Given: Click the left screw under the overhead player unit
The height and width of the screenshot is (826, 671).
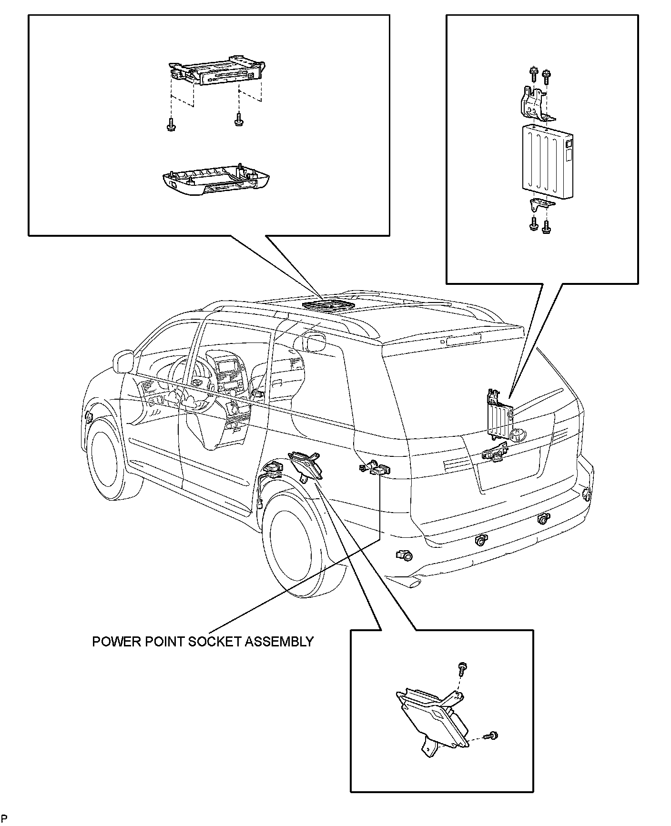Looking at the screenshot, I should click(170, 124).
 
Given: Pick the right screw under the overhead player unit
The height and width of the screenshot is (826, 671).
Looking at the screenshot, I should click(238, 120).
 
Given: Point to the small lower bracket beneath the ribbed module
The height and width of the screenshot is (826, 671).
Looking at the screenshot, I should click(541, 205).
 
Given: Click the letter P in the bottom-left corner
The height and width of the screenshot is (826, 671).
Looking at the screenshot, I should click(4, 818).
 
